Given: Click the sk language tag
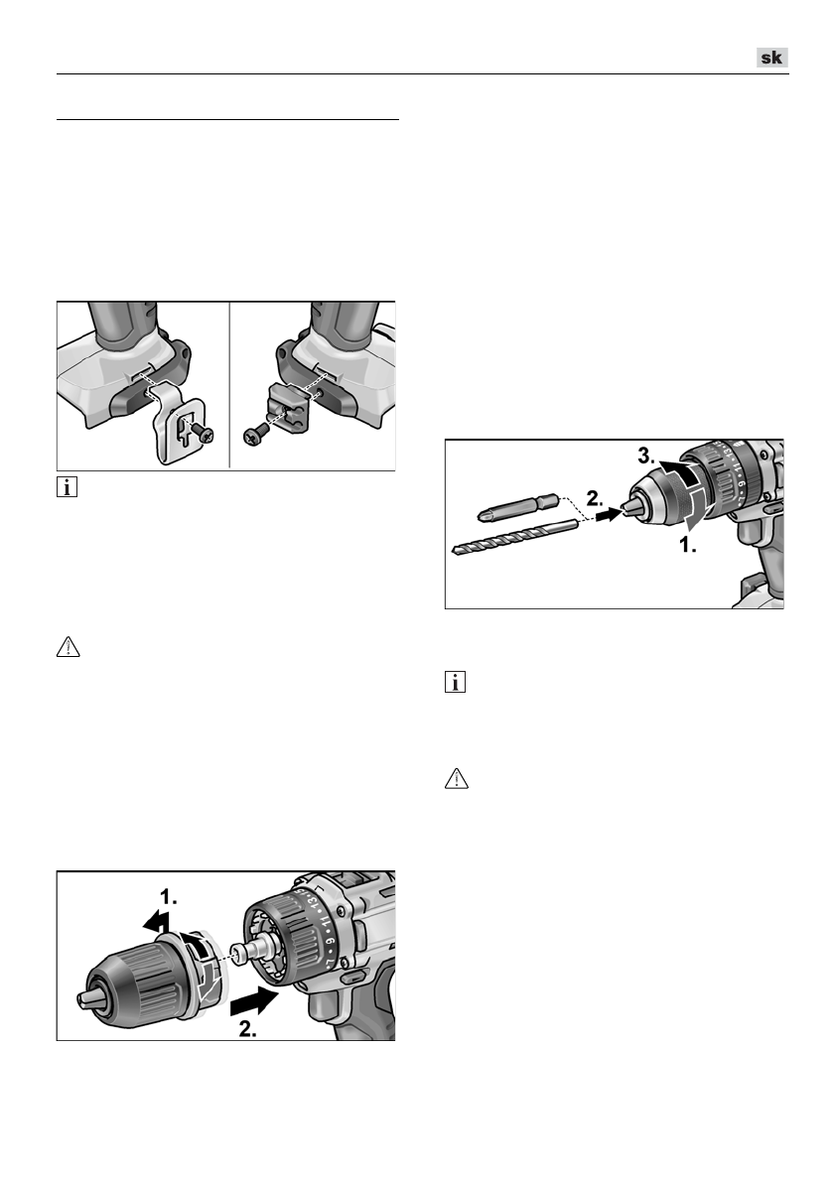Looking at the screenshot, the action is (771, 58).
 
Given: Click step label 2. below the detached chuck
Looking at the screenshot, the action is (254, 1028).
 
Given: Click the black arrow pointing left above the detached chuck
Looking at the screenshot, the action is (153, 921).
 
